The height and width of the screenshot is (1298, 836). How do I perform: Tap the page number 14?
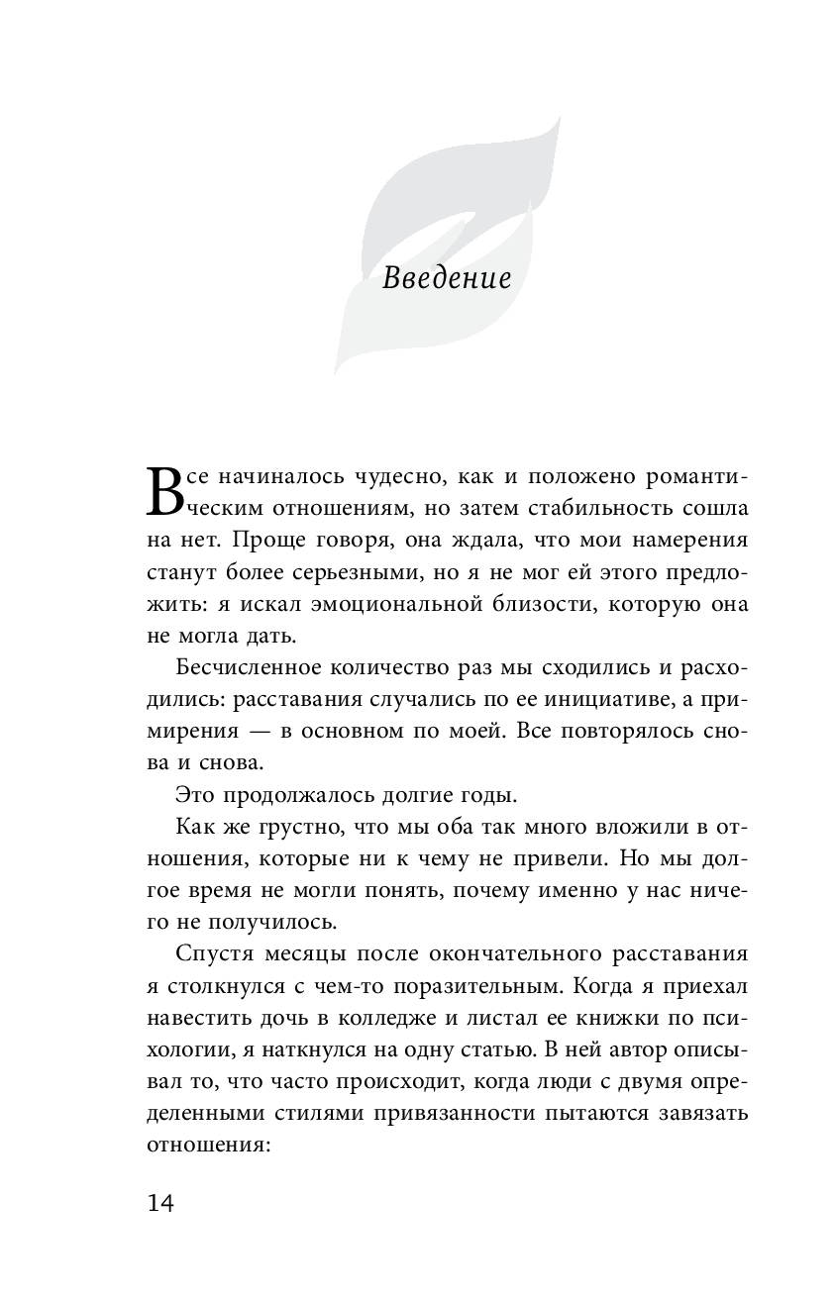pyautogui.click(x=160, y=1202)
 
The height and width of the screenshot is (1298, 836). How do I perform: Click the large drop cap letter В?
pyautogui.click(x=165, y=492)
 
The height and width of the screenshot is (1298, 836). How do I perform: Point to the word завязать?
pyautogui.click(x=700, y=1117)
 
